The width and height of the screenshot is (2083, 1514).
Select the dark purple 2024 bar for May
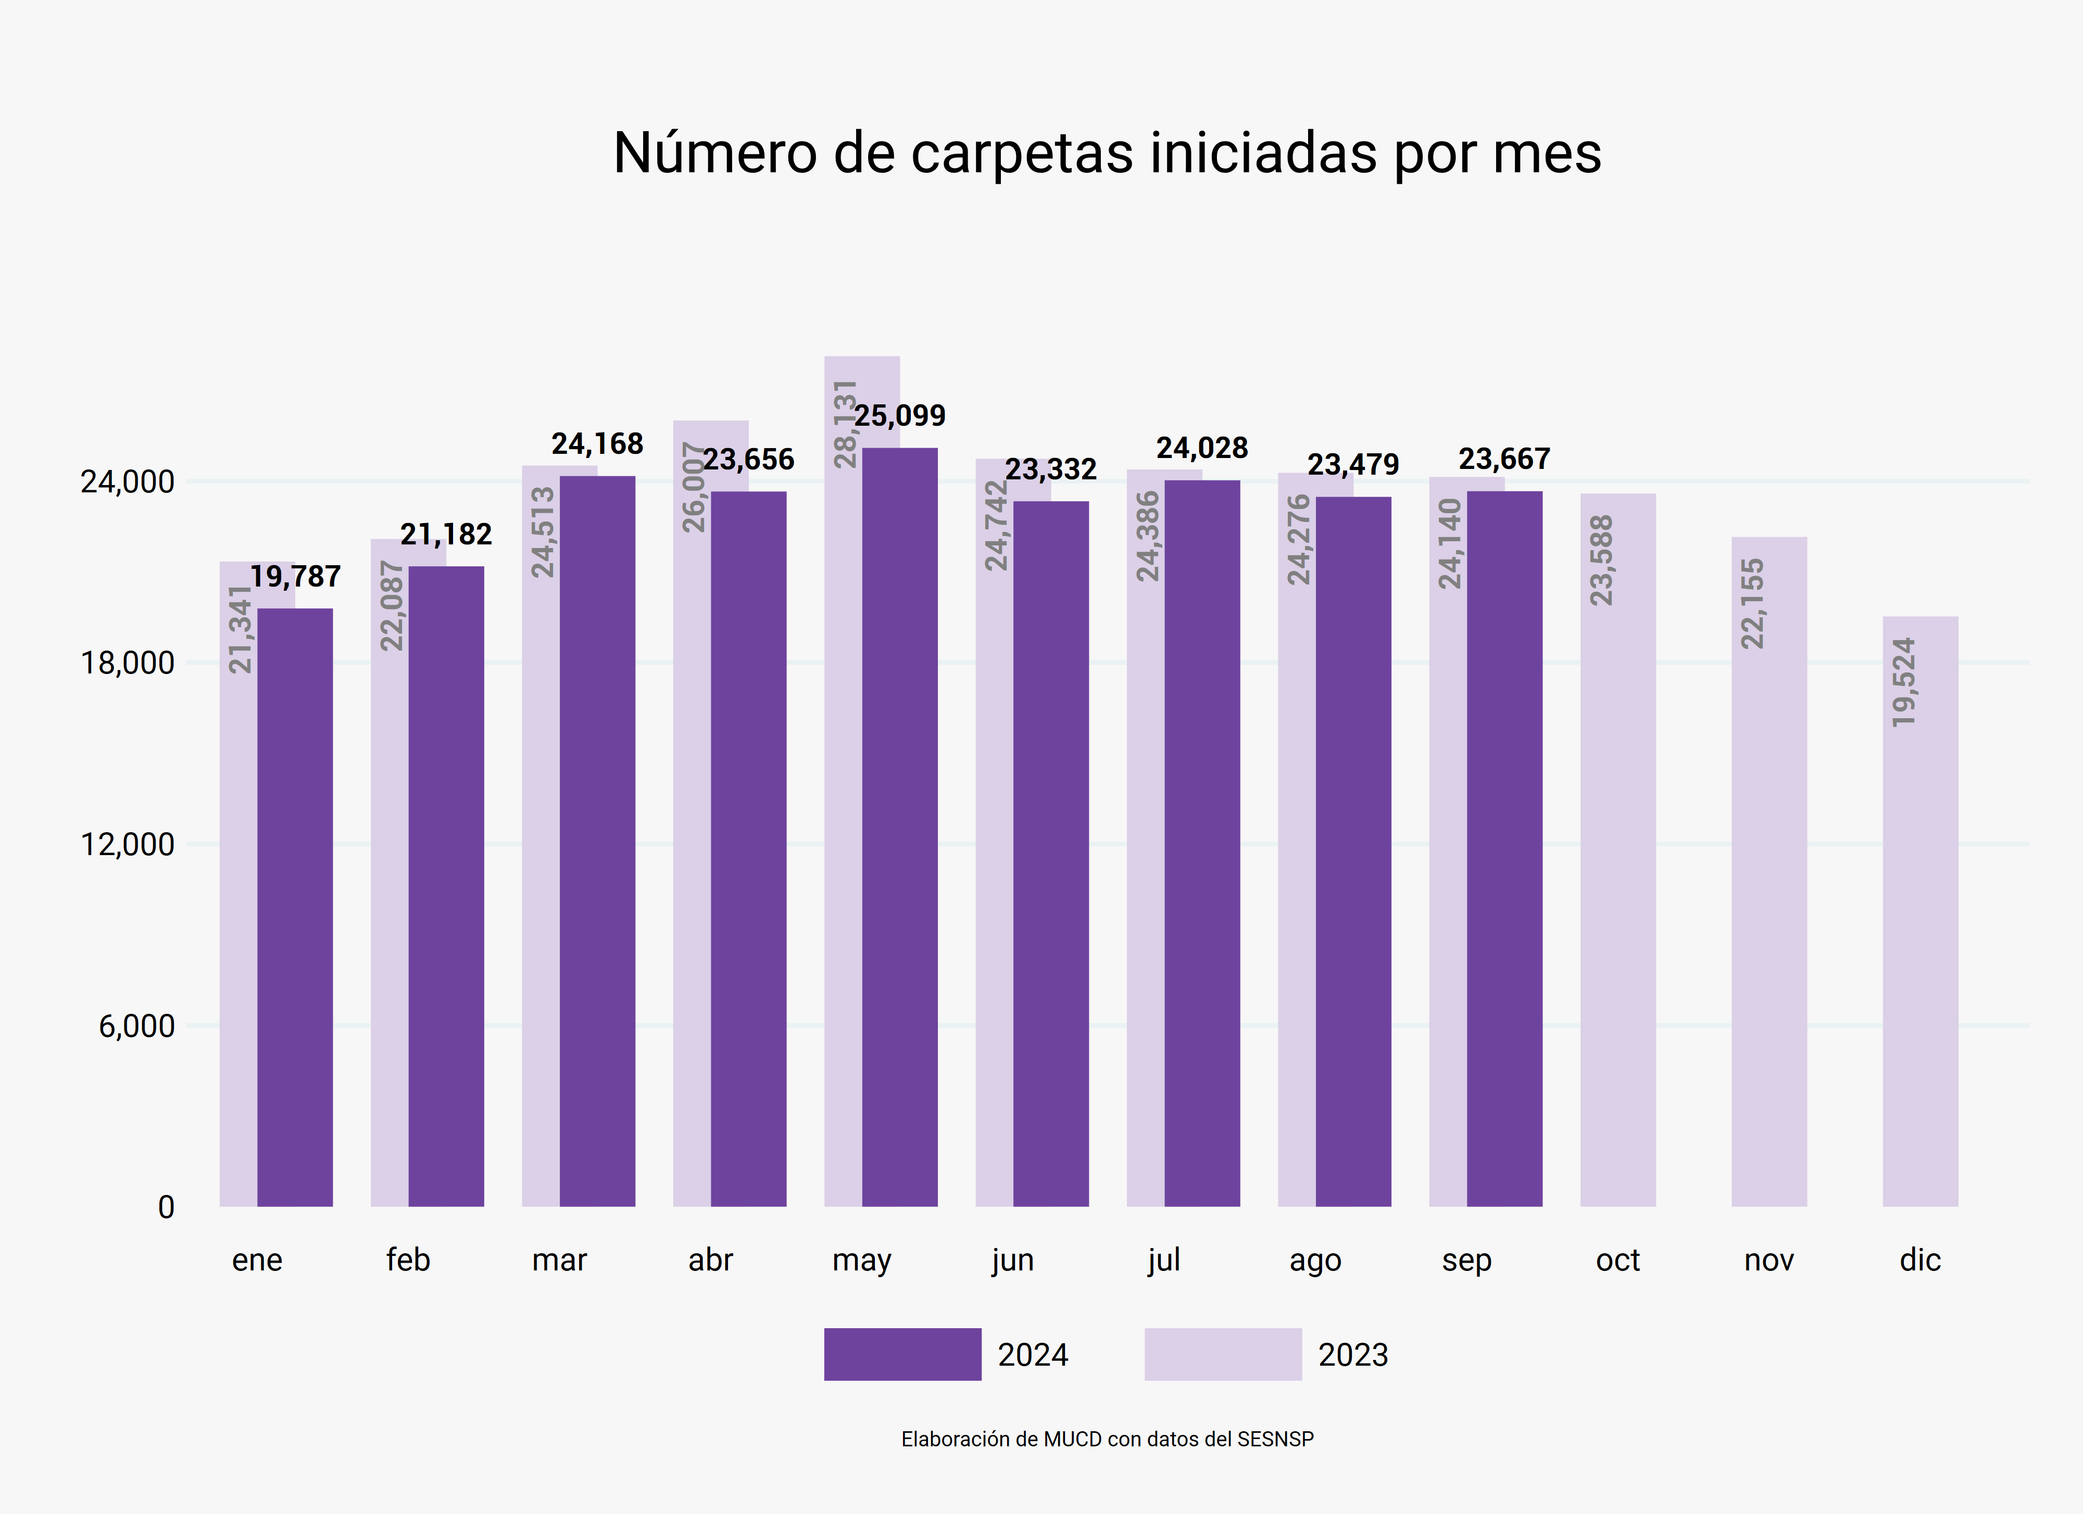[x=899, y=826]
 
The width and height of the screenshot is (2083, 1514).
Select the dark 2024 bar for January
[x=295, y=909]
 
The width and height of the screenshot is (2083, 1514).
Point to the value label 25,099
[x=899, y=416]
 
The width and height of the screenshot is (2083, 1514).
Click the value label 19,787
[x=295, y=577]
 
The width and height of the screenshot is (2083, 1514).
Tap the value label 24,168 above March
[x=597, y=444]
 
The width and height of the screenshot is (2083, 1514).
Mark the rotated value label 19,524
[x=1904, y=682]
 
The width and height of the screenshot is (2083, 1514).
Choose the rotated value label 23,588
[x=1601, y=560]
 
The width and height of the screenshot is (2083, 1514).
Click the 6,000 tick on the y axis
[x=136, y=1025]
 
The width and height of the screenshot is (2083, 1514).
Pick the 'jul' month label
[x=1164, y=1259]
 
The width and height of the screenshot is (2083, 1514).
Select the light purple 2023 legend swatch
[x=1222, y=1354]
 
